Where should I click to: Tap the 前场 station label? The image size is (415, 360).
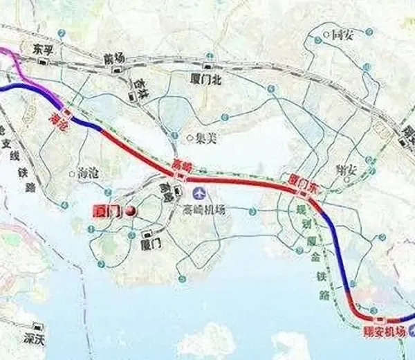113,59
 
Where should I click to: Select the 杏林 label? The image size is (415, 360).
140,80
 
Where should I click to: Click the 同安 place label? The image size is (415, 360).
342,34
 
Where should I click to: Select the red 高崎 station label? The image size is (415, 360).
181,165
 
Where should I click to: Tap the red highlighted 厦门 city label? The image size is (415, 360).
106,211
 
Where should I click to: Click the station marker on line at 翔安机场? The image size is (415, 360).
380,320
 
